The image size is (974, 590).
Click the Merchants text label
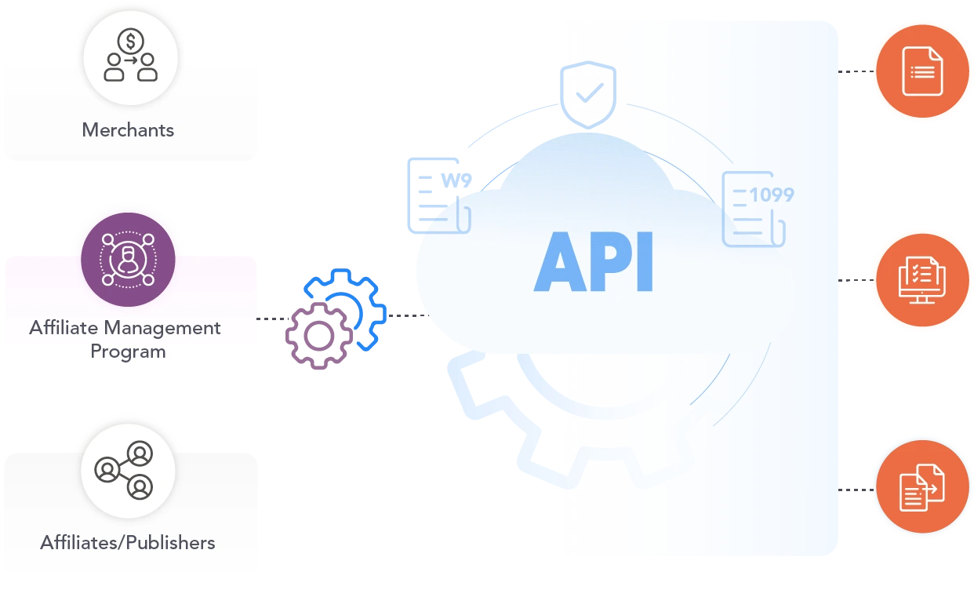click(x=128, y=129)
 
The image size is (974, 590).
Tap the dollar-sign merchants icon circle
click(x=131, y=56)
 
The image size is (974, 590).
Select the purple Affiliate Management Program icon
click(x=128, y=260)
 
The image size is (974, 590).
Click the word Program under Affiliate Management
click(x=128, y=351)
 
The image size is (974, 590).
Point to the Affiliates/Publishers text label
click(x=128, y=541)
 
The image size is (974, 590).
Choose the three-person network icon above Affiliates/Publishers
click(x=128, y=471)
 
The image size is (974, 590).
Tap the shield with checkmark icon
click(x=587, y=95)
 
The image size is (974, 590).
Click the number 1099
click(x=772, y=195)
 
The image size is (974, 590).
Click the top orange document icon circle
click(x=921, y=71)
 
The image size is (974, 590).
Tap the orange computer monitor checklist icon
click(x=921, y=279)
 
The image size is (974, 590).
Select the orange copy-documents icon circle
click(x=921, y=487)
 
